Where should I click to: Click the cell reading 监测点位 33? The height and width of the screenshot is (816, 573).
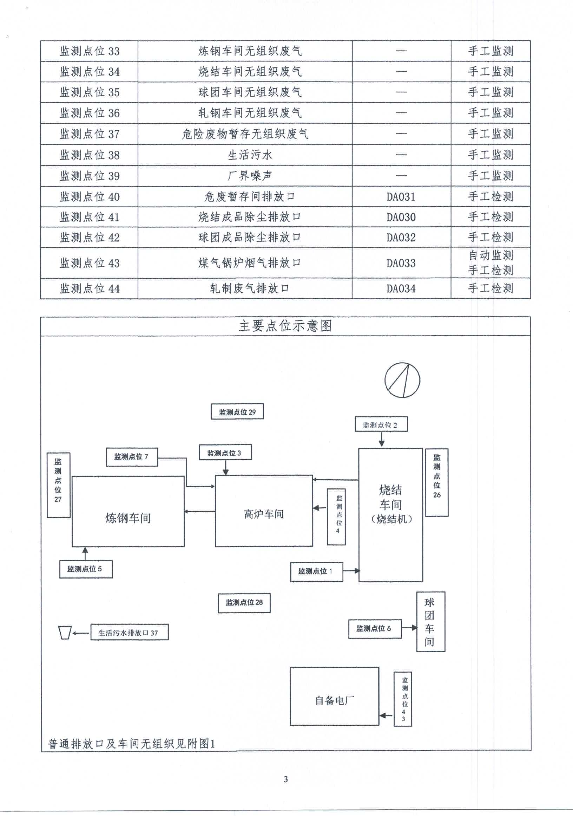(89, 51)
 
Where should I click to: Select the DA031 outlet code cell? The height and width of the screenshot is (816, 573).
(401, 196)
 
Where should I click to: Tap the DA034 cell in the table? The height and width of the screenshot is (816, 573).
(401, 289)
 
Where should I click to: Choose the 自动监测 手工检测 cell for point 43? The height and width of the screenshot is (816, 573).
(490, 263)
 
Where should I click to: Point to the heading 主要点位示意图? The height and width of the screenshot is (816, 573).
(285, 326)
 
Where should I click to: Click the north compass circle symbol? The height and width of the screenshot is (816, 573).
(402, 380)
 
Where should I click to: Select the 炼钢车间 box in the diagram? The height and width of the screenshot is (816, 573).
(128, 518)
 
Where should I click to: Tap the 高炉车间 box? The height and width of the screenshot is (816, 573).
(264, 514)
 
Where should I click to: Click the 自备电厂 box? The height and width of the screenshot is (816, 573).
(334, 700)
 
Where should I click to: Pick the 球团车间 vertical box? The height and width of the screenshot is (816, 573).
(430, 622)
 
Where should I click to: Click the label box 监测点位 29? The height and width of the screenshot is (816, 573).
(237, 412)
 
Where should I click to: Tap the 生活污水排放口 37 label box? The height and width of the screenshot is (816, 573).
(129, 633)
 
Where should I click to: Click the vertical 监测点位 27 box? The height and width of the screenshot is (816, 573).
(58, 485)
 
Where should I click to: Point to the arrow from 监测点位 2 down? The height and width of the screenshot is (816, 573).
(381, 439)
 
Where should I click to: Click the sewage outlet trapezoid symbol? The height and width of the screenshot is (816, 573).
(65, 633)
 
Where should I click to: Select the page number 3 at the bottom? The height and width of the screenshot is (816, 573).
(286, 779)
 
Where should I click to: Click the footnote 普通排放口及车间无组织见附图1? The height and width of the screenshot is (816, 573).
(131, 743)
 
